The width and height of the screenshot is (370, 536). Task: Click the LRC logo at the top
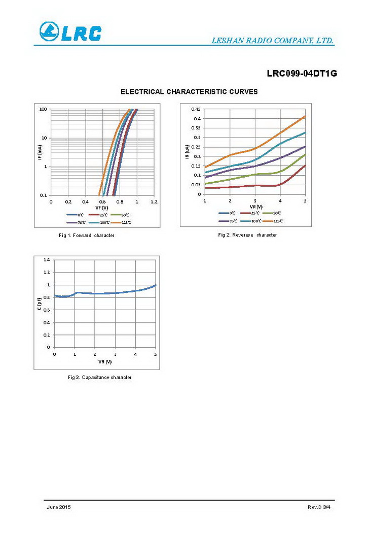[70, 32]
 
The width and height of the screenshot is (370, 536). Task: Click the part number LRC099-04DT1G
[302, 74]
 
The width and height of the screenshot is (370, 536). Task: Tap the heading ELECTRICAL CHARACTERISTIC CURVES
[189, 92]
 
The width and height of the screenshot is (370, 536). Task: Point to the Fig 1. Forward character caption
[87, 236]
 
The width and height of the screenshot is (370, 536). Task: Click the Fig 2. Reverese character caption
[247, 235]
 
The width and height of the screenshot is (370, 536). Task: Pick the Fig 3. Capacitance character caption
[100, 377]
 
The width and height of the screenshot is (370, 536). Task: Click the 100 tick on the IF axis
[44, 109]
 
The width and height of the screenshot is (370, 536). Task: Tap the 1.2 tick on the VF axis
[154, 202]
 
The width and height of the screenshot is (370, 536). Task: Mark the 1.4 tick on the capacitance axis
[46, 260]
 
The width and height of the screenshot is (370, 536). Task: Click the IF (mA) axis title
[39, 152]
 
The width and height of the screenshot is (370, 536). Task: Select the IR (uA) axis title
[187, 151]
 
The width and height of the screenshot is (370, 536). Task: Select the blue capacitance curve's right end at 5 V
[155, 285]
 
